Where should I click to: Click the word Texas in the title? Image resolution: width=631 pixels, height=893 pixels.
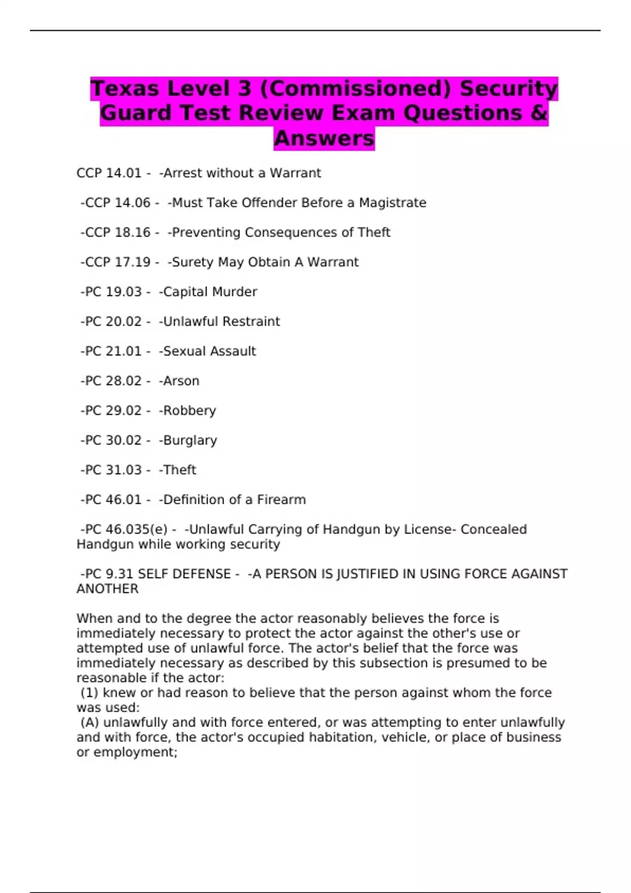coord(125,88)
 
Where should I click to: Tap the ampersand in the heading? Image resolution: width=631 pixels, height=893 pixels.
coord(539,113)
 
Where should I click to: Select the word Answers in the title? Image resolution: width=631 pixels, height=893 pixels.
coord(324,138)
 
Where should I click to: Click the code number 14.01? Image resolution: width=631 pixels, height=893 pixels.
coord(124,173)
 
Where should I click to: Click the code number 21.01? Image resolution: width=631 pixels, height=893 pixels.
coord(124,351)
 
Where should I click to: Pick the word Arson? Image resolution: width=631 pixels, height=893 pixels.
coord(181,381)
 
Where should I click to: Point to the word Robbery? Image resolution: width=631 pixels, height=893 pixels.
coord(189,411)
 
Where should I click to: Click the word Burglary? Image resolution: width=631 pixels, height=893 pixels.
coord(190,441)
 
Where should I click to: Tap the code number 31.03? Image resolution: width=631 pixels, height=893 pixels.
coord(124,470)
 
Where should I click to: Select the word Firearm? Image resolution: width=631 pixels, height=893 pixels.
coord(281,500)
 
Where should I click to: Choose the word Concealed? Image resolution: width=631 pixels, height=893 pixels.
coord(493,529)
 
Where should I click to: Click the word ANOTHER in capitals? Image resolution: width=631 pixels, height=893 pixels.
coord(107,589)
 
